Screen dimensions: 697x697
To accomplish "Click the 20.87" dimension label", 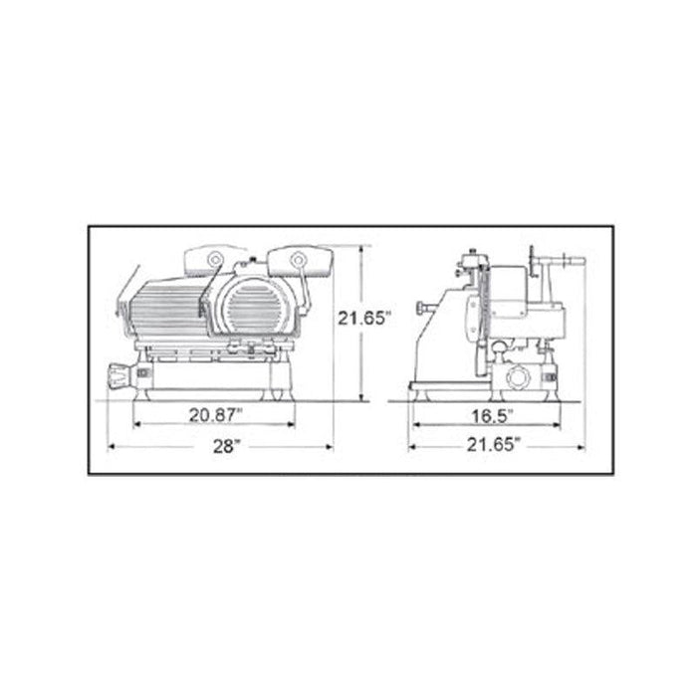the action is [x=216, y=415].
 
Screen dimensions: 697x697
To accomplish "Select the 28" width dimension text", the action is [x=226, y=446].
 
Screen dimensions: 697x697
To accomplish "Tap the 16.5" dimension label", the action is [x=492, y=416].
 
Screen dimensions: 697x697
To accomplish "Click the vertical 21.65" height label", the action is [x=364, y=318].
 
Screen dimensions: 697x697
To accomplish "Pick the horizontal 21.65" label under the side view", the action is [x=493, y=444].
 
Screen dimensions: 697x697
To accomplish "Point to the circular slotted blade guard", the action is [x=254, y=307].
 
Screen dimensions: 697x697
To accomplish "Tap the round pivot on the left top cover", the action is [x=216, y=259].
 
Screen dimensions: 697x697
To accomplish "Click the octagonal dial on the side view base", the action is [x=519, y=378].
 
